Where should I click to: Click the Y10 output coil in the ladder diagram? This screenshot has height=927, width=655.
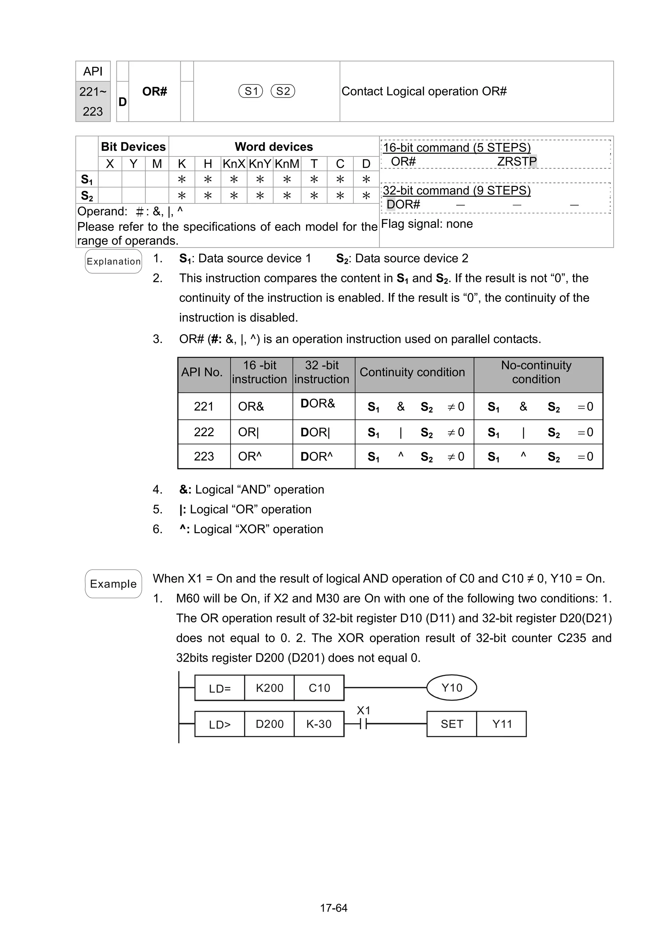pyautogui.click(x=452, y=688)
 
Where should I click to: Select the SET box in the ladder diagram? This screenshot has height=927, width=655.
pyautogui.click(x=452, y=724)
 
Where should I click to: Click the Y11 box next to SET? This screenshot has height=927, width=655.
pyautogui.click(x=501, y=724)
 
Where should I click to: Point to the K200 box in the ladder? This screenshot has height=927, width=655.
pyautogui.click(x=269, y=688)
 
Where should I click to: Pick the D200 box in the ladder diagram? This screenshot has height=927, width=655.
pyautogui.click(x=269, y=724)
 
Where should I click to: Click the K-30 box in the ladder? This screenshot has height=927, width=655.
pyautogui.click(x=319, y=724)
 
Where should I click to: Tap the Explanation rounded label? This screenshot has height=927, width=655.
pyautogui.click(x=114, y=261)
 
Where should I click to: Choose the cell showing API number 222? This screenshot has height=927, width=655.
pyautogui.click(x=204, y=432)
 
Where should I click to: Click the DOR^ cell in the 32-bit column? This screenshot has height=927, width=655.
pyautogui.click(x=317, y=457)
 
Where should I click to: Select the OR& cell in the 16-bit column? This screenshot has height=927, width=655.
pyautogui.click(x=251, y=406)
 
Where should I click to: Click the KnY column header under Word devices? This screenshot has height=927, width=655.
pyautogui.click(x=260, y=164)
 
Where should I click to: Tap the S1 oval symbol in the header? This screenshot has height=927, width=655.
pyautogui.click(x=251, y=91)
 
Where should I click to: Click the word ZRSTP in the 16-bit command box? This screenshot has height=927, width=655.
pyautogui.click(x=517, y=162)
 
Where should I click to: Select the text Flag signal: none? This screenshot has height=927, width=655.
pyautogui.click(x=427, y=224)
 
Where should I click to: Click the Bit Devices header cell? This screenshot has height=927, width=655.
pyautogui.click(x=133, y=147)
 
